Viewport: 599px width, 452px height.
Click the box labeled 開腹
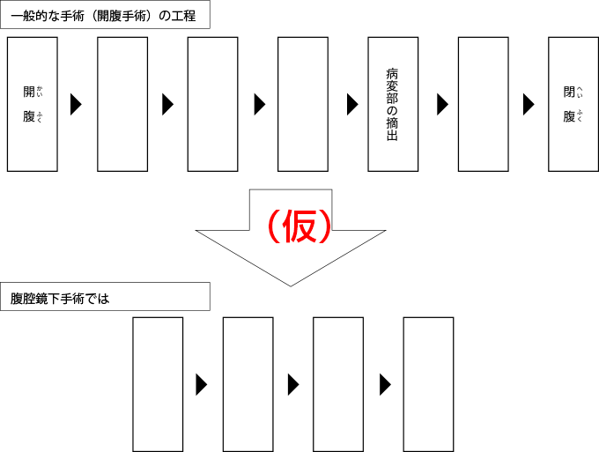click(33, 104)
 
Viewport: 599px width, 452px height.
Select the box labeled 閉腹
click(573, 104)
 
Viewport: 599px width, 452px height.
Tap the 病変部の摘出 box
click(393, 104)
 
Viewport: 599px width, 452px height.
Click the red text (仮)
click(299, 227)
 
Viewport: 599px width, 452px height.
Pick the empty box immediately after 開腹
click(122, 104)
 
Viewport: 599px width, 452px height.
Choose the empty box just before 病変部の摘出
click(303, 104)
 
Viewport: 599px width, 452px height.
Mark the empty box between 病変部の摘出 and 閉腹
click(484, 104)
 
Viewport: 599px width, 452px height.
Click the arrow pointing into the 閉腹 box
click(529, 104)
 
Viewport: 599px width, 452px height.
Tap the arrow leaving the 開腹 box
click(76, 104)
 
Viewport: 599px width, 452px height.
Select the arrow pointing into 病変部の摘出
click(352, 104)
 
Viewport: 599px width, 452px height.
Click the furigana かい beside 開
click(40, 92)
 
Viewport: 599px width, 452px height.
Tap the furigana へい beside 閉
click(580, 92)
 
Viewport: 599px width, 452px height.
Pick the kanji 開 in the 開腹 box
click(29, 92)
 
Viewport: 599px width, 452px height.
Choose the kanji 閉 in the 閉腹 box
click(569, 92)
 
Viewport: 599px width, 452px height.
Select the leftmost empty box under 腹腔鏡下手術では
click(158, 384)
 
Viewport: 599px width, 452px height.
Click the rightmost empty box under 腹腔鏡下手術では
click(428, 384)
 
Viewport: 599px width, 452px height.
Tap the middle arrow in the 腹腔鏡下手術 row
click(293, 385)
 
